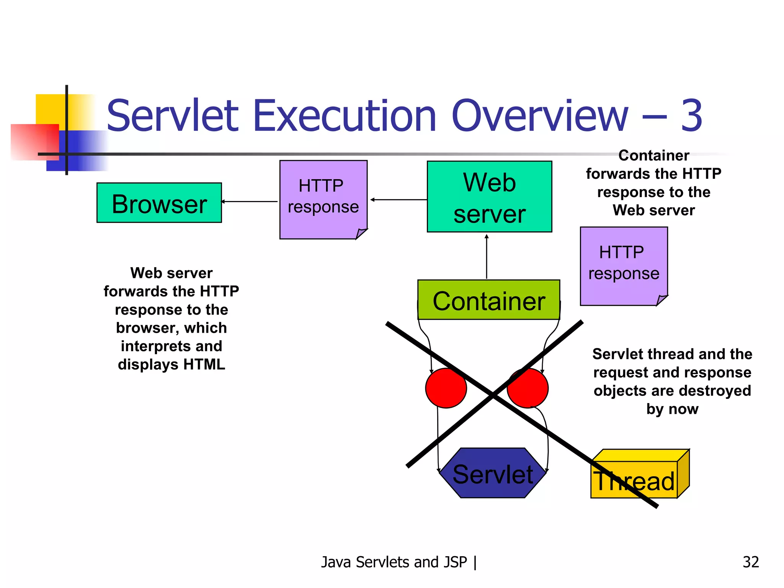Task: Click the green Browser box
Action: click(159, 203)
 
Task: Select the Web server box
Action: click(489, 197)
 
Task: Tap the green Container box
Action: click(488, 300)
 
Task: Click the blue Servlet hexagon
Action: click(492, 474)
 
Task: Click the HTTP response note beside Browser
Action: click(323, 199)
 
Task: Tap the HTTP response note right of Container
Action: click(623, 266)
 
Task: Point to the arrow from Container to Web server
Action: click(487, 256)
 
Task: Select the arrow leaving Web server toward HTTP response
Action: click(398, 199)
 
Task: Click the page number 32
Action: click(750, 562)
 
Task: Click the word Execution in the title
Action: click(345, 116)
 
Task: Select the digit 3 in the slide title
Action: click(691, 116)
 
